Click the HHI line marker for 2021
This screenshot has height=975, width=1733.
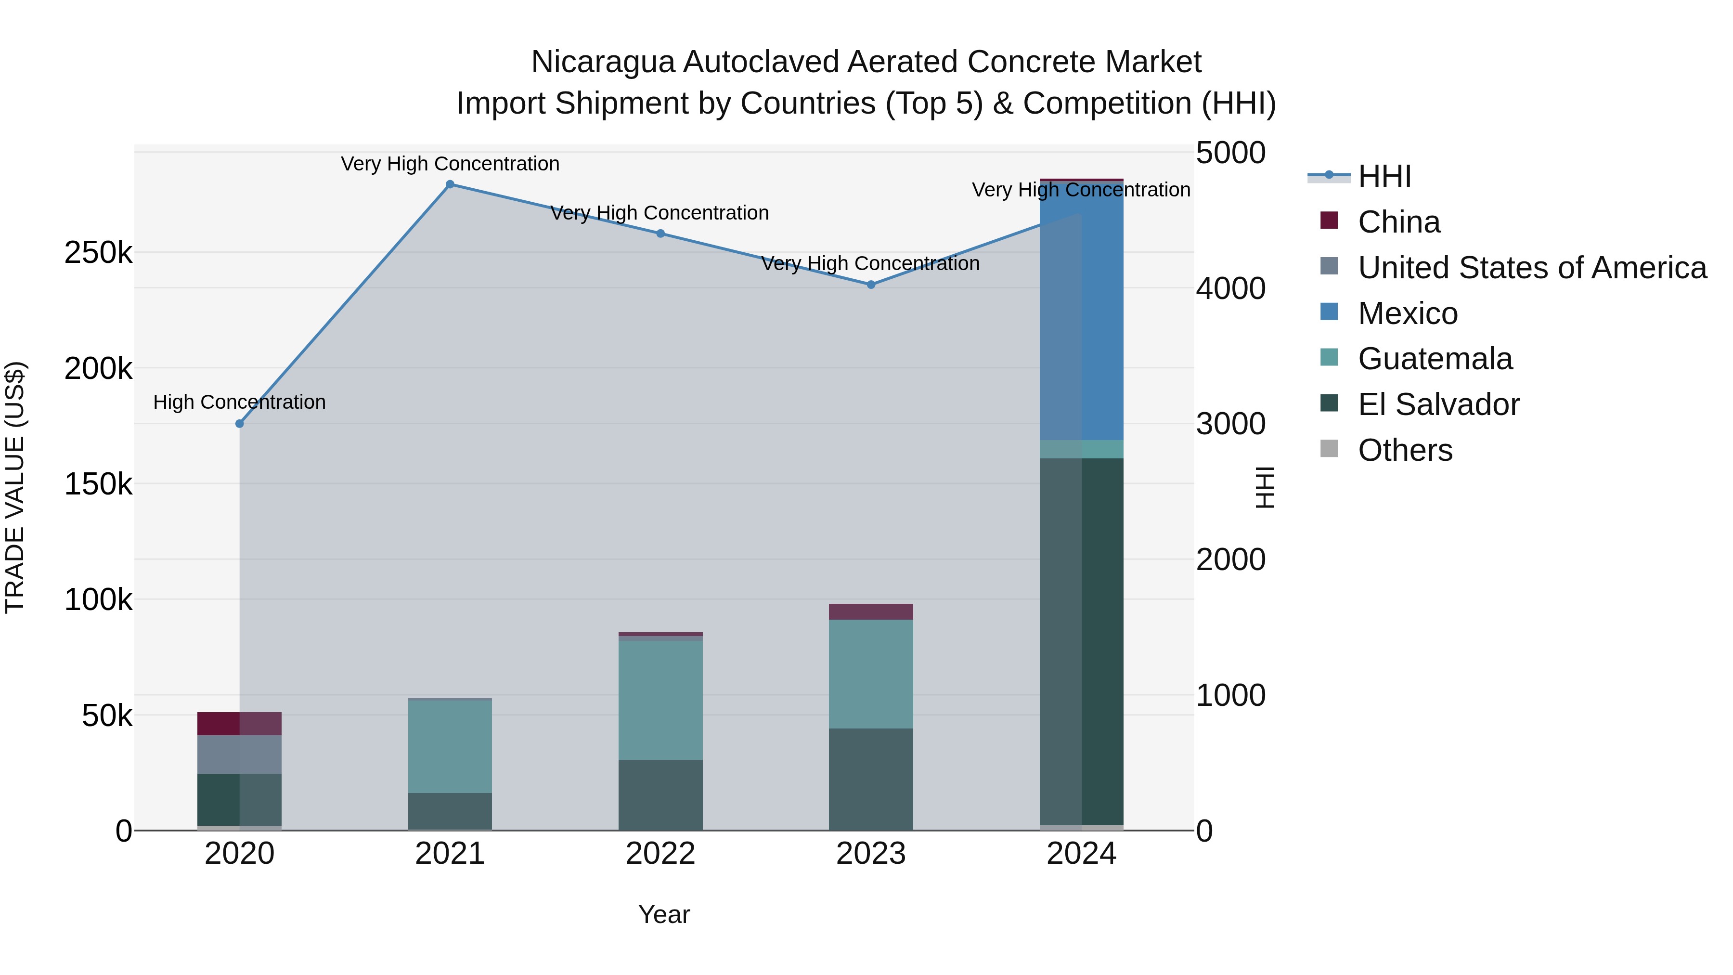[x=450, y=184]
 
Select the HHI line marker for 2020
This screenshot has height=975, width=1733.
[x=240, y=423]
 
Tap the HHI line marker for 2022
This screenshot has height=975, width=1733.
[x=660, y=234]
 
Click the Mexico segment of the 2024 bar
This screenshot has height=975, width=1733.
[x=1082, y=310]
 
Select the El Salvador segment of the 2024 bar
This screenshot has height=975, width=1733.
[x=1082, y=639]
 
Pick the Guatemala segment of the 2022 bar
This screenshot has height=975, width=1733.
[x=660, y=700]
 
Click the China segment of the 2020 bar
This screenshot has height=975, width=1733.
[x=240, y=723]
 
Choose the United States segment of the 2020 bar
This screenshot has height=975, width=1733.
[x=240, y=754]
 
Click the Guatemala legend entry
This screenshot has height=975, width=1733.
[x=1435, y=359]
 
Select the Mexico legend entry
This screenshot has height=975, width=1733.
[x=1408, y=313]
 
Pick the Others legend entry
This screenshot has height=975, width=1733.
[x=1405, y=450]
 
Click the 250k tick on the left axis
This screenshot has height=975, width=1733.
[x=98, y=253]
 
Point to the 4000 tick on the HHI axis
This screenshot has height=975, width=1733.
[x=1230, y=289]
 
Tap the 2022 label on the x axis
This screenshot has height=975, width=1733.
[x=660, y=854]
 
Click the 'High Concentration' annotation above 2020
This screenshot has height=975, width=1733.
[x=240, y=403]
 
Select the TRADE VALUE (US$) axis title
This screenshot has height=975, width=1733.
[x=15, y=487]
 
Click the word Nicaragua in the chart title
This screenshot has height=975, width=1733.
[x=603, y=62]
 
